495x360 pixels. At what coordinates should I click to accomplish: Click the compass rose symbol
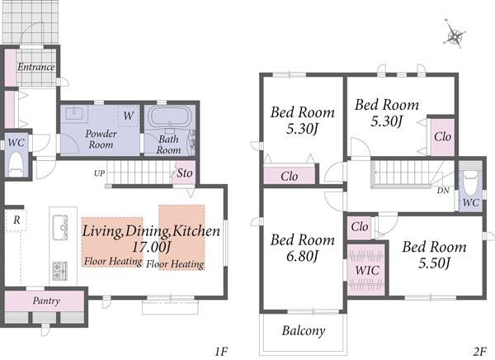[455, 34]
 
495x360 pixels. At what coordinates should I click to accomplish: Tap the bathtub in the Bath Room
[169, 117]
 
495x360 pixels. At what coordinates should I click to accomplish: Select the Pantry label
[46, 301]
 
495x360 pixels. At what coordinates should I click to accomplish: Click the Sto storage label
[184, 173]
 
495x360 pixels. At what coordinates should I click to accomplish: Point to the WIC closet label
[367, 270]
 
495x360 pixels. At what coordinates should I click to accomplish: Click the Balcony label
[304, 331]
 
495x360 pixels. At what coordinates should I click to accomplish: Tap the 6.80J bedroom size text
[302, 256]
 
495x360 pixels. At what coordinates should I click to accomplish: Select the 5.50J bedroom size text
[434, 263]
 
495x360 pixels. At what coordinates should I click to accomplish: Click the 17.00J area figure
[151, 247]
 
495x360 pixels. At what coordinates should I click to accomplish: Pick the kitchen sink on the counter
[60, 228]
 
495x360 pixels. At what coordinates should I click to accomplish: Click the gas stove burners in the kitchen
[60, 271]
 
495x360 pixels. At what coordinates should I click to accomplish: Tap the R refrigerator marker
[16, 220]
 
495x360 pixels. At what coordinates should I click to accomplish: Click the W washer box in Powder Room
[128, 116]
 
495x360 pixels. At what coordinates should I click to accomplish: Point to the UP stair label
[99, 173]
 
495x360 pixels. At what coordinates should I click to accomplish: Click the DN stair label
[443, 191]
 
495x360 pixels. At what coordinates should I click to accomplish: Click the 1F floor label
[221, 351]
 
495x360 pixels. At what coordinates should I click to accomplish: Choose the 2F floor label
[479, 351]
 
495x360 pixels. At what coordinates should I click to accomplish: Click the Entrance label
[36, 67]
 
